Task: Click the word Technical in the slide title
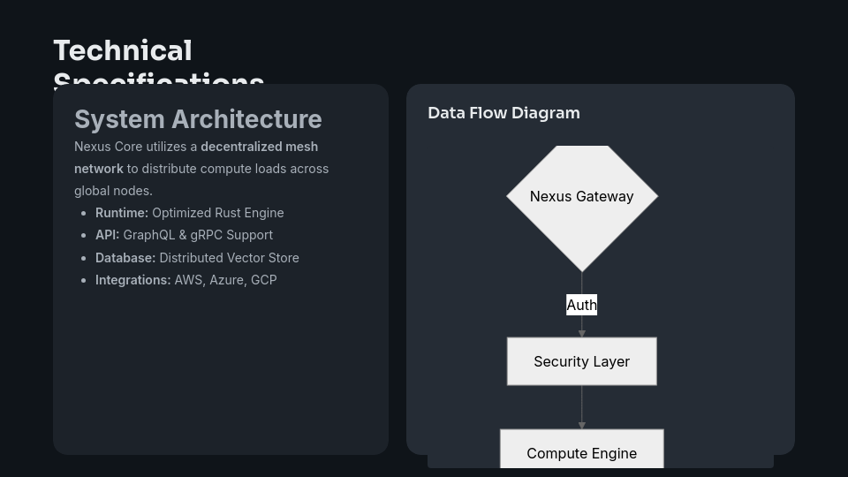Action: [x=122, y=51]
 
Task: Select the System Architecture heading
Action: [x=198, y=119]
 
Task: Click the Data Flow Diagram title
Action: [x=503, y=113]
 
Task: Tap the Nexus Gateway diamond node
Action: [x=581, y=197]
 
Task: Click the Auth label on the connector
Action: [x=581, y=305]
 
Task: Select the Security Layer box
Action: [x=581, y=361]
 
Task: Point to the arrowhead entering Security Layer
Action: [x=581, y=333]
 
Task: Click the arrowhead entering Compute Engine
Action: [x=581, y=425]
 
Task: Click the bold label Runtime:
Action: [x=122, y=213]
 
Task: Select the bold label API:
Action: [x=107, y=235]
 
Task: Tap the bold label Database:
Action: [x=125, y=258]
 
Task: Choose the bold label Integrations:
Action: [x=132, y=280]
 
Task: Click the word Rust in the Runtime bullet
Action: [x=230, y=213]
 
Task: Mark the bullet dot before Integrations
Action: [x=83, y=281]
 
